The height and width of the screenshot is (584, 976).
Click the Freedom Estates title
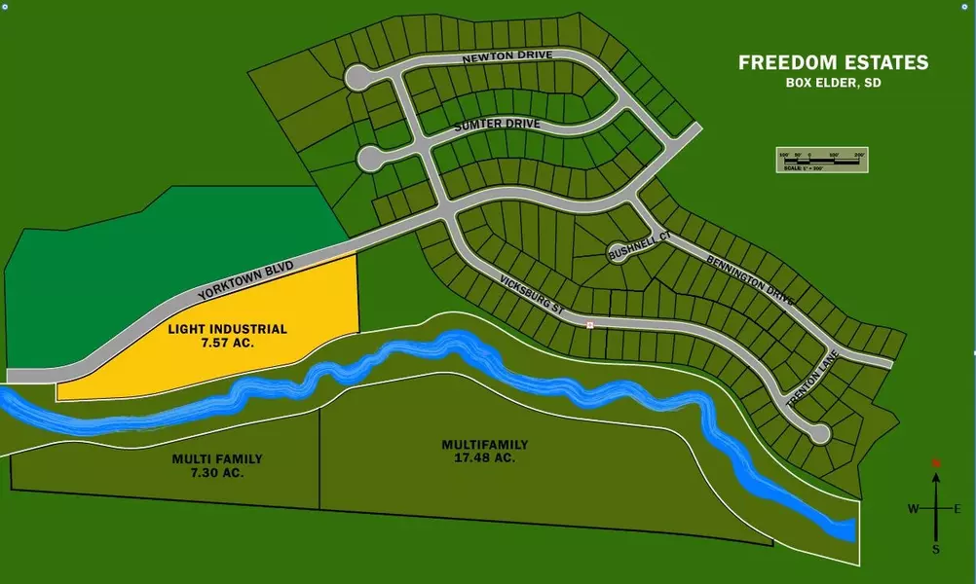tap(833, 63)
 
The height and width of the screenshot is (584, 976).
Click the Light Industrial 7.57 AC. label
tap(227, 337)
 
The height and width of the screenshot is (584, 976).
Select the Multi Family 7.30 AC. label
tap(217, 465)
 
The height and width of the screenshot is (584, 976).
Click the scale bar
tap(821, 161)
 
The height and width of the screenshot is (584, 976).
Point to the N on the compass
tap(936, 463)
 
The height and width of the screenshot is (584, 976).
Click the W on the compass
tap(913, 509)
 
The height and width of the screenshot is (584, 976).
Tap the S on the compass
tap(936, 550)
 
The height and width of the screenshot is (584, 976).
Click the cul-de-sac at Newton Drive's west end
tap(357, 76)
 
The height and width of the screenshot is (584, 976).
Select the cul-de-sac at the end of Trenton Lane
tap(819, 433)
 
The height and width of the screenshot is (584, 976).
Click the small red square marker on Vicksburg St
tap(589, 324)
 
